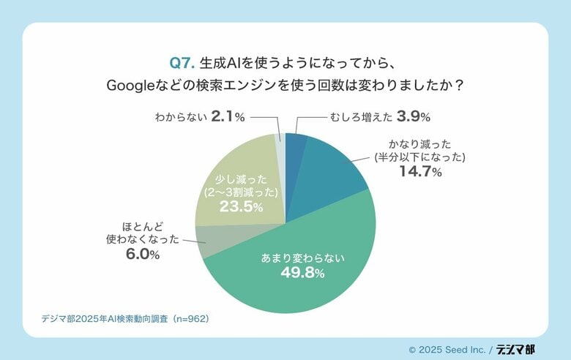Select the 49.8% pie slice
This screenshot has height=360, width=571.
click(x=293, y=285)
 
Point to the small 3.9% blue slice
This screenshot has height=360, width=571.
click(x=295, y=143)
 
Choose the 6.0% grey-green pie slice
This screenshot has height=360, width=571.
click(x=212, y=240)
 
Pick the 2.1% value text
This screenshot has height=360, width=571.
click(x=228, y=116)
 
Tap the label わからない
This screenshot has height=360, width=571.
click(x=180, y=116)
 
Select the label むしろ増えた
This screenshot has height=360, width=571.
click(x=357, y=116)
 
